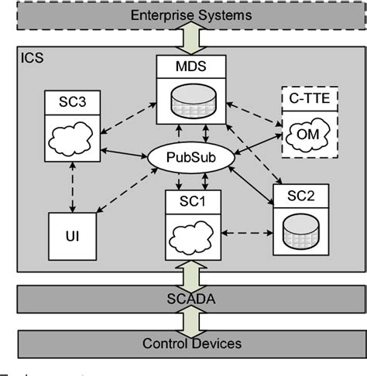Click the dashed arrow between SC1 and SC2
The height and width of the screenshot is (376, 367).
pyautogui.click(x=242, y=231)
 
